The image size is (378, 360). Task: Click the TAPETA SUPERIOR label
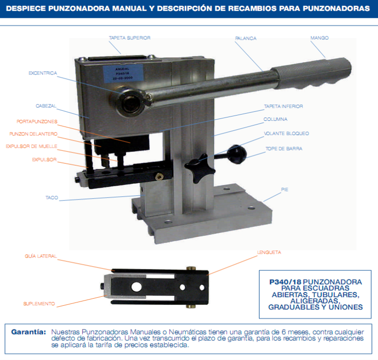(x=129, y=38)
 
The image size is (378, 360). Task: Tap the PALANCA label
(x=246, y=38)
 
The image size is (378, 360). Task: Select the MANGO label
(x=319, y=38)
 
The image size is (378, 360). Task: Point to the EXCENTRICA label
(x=43, y=73)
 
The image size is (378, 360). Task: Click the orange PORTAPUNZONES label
(x=37, y=121)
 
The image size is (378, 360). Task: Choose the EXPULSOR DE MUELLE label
(x=31, y=146)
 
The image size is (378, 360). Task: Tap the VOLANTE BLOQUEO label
(x=286, y=134)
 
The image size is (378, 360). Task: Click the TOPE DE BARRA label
(x=284, y=149)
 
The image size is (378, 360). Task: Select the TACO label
(x=52, y=198)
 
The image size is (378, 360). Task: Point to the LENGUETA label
(x=269, y=252)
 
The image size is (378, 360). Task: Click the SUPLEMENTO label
(x=39, y=304)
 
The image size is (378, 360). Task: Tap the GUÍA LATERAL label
(x=41, y=256)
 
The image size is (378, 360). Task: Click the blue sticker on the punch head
(x=123, y=74)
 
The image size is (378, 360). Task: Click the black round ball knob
(x=237, y=154)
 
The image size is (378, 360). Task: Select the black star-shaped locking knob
(x=199, y=168)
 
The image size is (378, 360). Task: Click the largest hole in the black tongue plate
(x=137, y=287)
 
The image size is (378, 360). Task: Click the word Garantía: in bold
(x=29, y=332)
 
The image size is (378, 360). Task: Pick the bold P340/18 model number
(x=285, y=282)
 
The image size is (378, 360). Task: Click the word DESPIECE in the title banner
(x=26, y=8)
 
